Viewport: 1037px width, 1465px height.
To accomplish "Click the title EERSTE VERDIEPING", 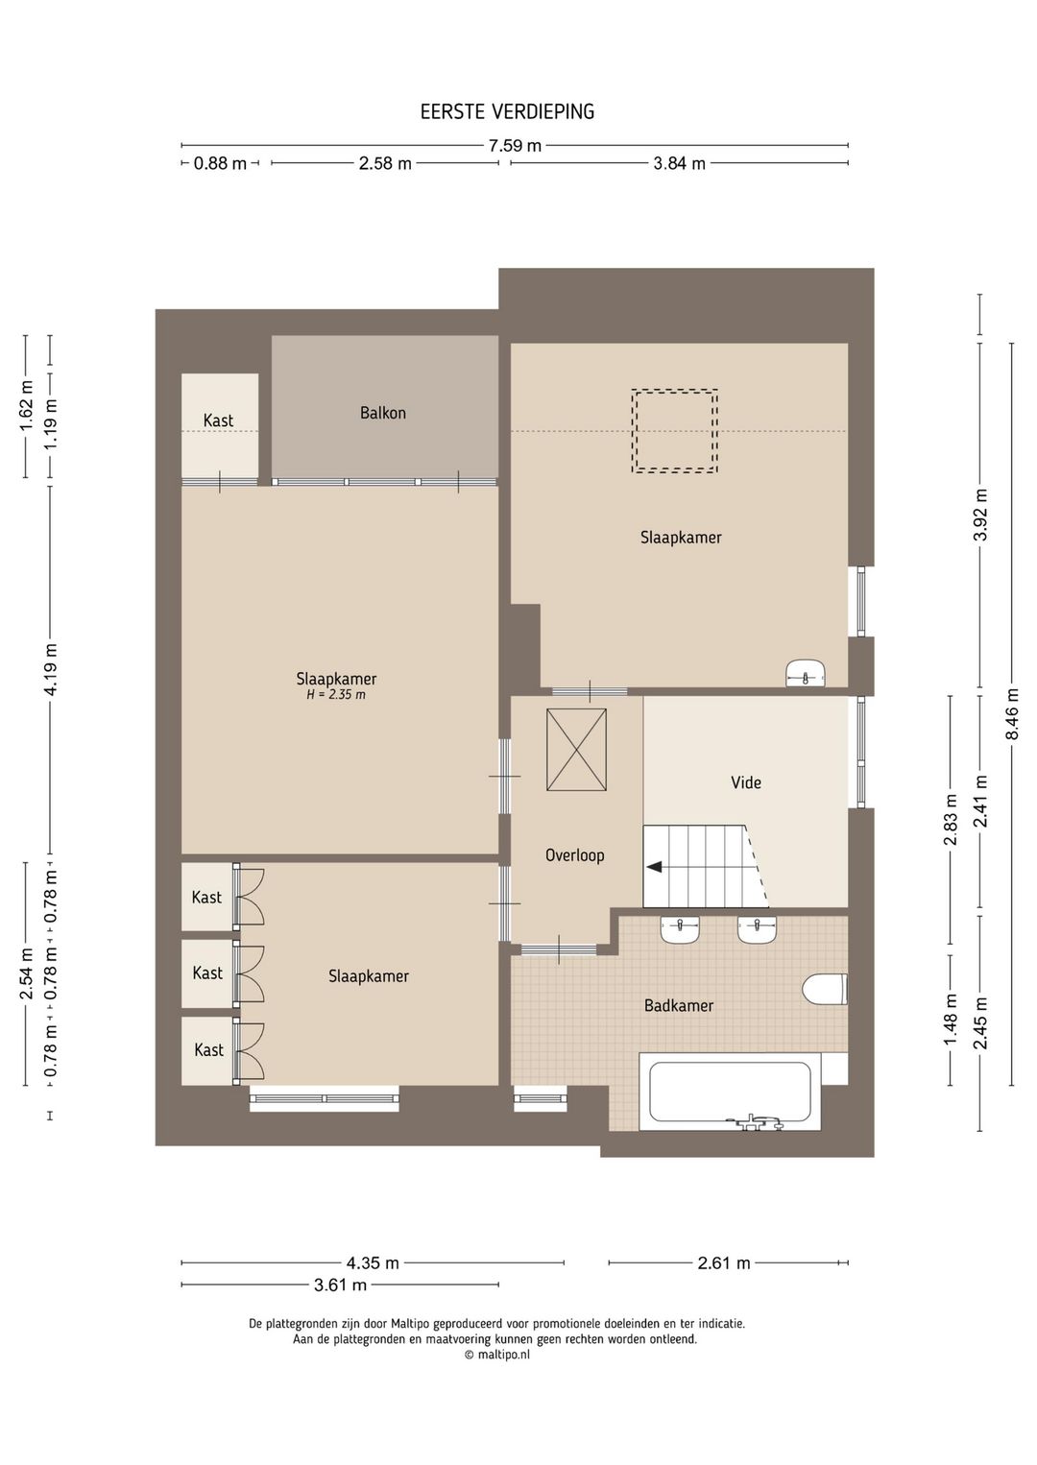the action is [507, 111].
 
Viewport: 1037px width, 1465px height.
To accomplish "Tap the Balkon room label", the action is [383, 413].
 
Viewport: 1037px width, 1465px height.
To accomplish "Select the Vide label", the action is [746, 782].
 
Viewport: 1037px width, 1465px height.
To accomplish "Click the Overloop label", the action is [575, 855].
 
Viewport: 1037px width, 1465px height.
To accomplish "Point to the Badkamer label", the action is [679, 1005].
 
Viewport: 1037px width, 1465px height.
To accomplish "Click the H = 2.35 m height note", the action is [336, 694].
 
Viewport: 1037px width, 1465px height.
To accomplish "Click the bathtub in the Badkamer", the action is [730, 1092].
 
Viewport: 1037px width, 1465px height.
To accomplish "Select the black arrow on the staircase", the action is [654, 867].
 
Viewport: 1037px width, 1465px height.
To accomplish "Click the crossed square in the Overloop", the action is [576, 750].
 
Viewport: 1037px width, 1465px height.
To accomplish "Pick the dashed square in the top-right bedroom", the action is [675, 431].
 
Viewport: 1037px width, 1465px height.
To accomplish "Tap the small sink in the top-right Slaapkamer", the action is [806, 674].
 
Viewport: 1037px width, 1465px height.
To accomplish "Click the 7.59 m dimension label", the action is [515, 145].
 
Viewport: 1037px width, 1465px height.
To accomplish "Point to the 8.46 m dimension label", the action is [1012, 713].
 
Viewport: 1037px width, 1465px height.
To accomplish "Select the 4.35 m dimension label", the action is [373, 1262].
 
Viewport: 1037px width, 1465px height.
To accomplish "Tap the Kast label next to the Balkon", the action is [218, 420].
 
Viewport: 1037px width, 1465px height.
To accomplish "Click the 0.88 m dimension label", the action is [221, 163].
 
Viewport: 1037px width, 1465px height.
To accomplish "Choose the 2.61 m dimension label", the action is [724, 1262].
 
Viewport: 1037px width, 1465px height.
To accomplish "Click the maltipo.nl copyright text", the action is [497, 1355].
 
